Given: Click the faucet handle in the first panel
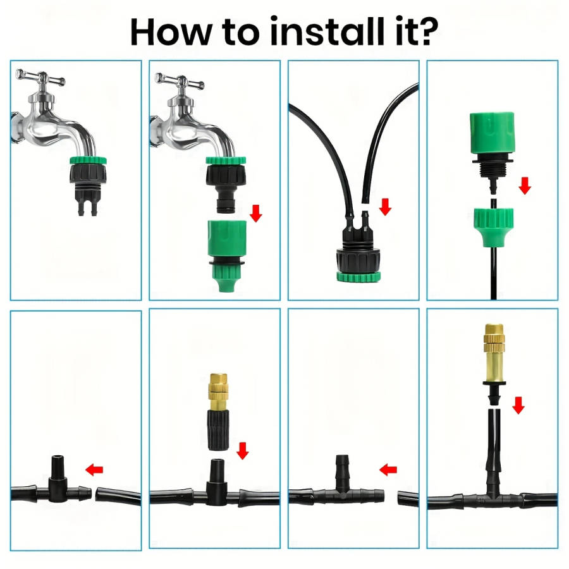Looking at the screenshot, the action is (40, 77).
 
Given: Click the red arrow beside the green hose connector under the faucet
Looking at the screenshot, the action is (256, 213).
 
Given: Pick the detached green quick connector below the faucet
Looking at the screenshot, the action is (226, 256).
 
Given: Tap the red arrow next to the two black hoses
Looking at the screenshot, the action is (385, 207).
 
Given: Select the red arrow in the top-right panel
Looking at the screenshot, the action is (525, 186).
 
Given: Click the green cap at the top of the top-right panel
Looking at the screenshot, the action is (492, 133).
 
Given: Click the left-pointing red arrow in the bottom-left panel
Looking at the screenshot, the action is (94, 470).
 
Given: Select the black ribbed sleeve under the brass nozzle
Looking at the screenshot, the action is (219, 431).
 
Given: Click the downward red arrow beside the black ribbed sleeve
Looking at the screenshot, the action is (242, 450).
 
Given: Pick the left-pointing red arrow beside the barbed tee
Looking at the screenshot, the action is (388, 470).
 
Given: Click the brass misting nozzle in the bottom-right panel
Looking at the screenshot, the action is (494, 355).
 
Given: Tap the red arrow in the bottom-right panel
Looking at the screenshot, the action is (518, 405).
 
